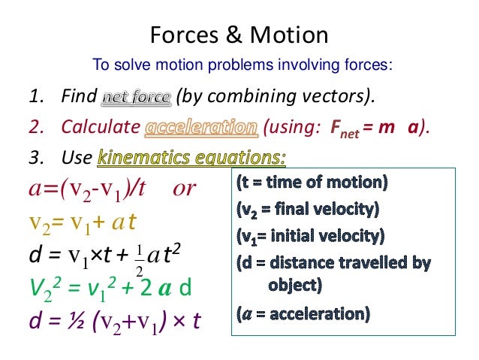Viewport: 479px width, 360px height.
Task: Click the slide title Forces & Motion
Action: pos(239,35)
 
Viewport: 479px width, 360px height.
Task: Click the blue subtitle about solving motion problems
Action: pos(240,65)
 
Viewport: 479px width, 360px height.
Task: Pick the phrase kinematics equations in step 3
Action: pos(192,158)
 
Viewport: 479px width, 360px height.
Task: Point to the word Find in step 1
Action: pos(80,98)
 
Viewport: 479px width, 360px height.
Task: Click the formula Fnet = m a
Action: pos(371,128)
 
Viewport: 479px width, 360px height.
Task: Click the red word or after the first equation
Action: pos(185,188)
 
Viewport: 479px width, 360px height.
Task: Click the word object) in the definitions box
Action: pos(295,285)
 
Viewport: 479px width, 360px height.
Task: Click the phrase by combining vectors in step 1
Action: pos(274,98)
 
